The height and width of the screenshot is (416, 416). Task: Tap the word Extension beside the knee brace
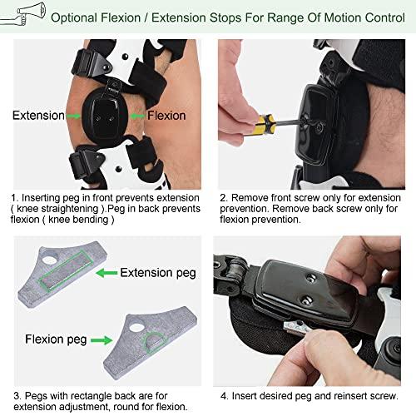38,116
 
